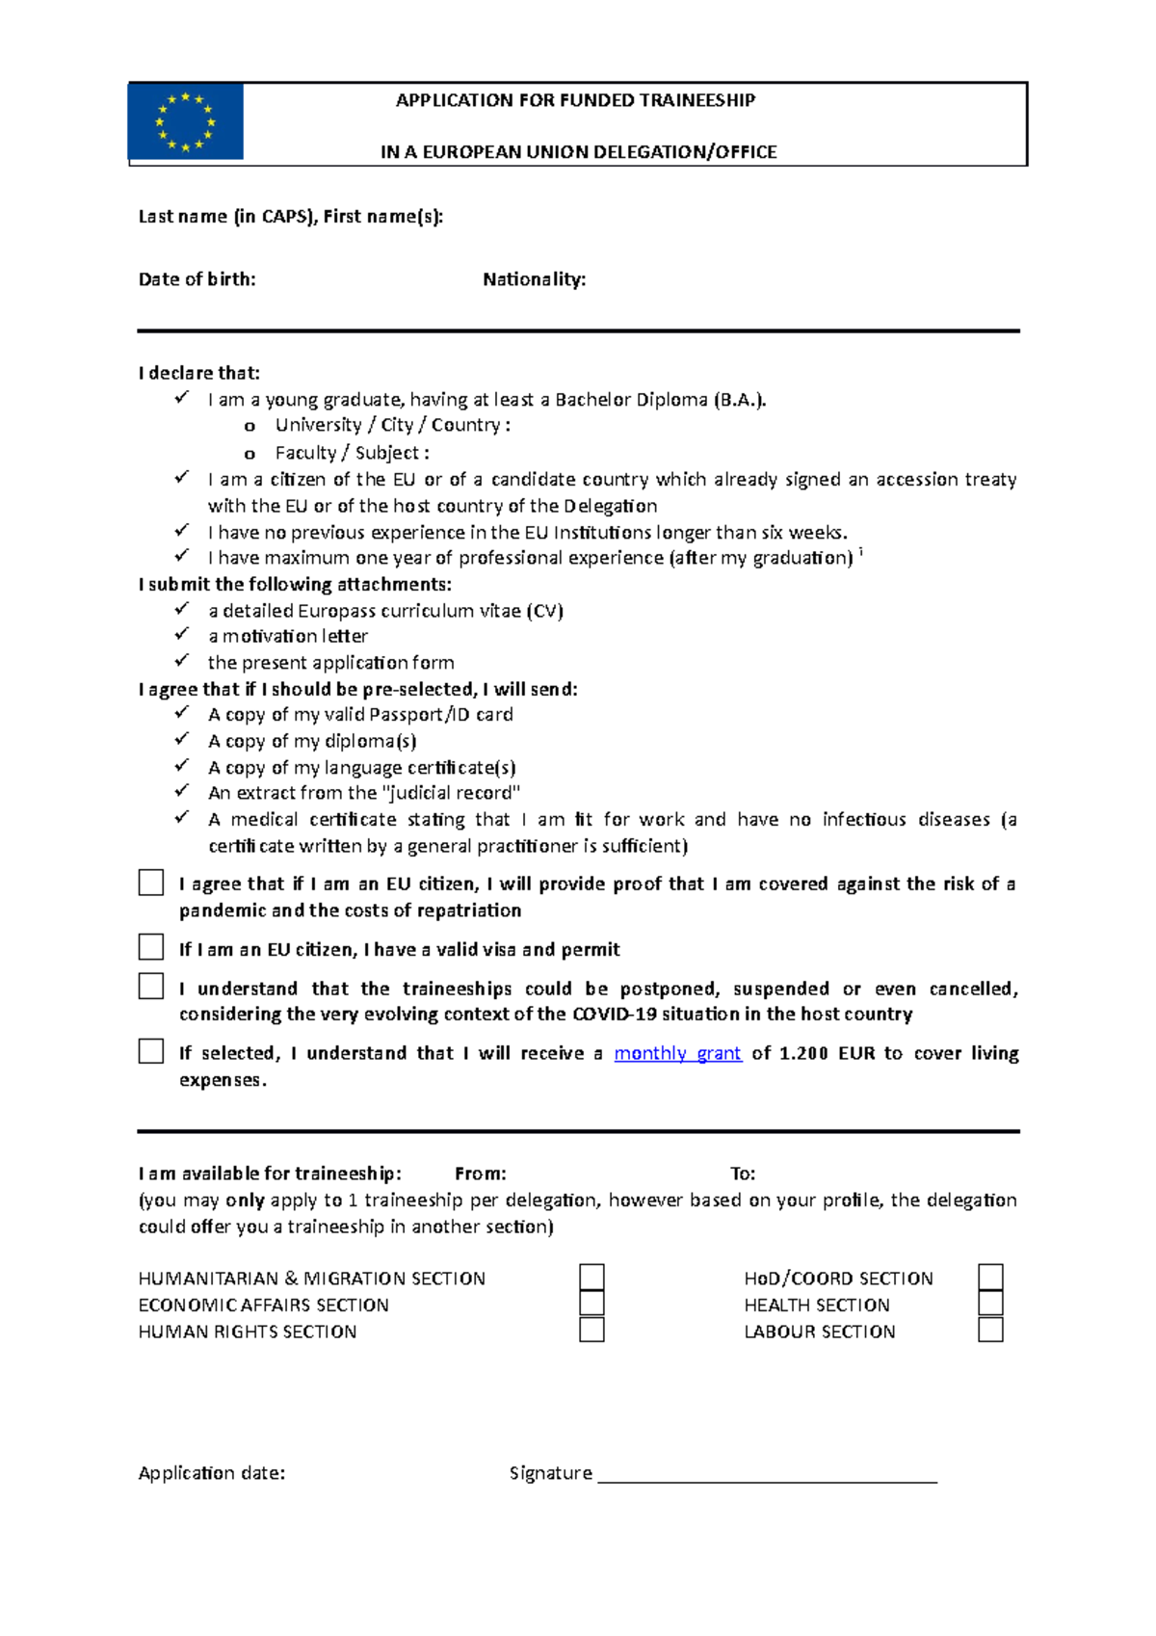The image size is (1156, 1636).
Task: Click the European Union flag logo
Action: pyautogui.click(x=186, y=121)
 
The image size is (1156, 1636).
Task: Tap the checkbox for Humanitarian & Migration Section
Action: pyautogui.click(x=591, y=1278)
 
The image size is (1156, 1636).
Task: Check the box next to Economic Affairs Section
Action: pyautogui.click(x=591, y=1304)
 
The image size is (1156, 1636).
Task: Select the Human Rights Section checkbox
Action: pyautogui.click(x=591, y=1330)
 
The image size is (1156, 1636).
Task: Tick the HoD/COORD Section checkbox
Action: pyautogui.click(x=990, y=1278)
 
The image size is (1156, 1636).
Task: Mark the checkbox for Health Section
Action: pyautogui.click(x=990, y=1304)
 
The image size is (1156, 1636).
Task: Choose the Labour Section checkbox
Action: pyautogui.click(x=990, y=1330)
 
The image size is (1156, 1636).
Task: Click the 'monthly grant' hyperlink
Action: pyautogui.click(x=677, y=1053)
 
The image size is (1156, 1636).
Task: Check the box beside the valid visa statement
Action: pyautogui.click(x=151, y=947)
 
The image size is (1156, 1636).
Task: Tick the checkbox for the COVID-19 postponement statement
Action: pyautogui.click(x=151, y=987)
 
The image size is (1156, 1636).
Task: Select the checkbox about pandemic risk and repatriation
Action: pyautogui.click(x=151, y=883)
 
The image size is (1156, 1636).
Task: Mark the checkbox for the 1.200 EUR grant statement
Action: pyautogui.click(x=151, y=1051)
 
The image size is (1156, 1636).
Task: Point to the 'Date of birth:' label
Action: pyautogui.click(x=197, y=279)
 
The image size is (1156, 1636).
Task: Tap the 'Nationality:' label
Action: pyautogui.click(x=535, y=279)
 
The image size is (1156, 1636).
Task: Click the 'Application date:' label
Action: pyautogui.click(x=212, y=1473)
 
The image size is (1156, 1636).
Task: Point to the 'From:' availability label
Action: pyautogui.click(x=480, y=1174)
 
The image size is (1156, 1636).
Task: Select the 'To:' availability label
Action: pyautogui.click(x=743, y=1174)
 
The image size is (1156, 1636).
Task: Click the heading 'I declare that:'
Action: pyautogui.click(x=199, y=373)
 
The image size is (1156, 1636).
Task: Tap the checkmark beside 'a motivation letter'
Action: pyautogui.click(x=181, y=634)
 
